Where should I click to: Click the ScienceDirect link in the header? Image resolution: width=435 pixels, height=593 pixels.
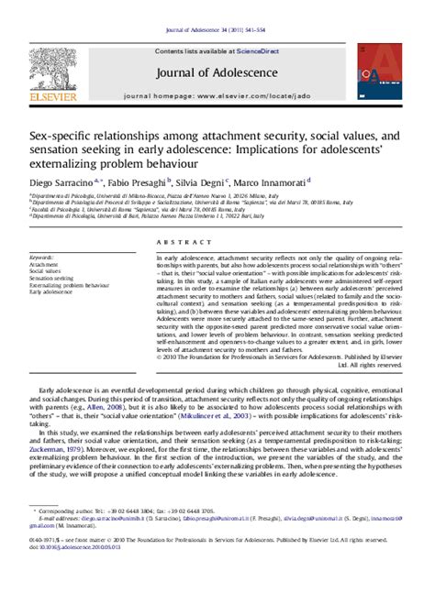click(x=260, y=52)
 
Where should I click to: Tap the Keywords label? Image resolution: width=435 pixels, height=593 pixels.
click(x=42, y=258)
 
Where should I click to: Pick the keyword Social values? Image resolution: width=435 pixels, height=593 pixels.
click(x=46, y=271)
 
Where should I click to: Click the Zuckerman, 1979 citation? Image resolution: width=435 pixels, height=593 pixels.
click(x=50, y=451)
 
